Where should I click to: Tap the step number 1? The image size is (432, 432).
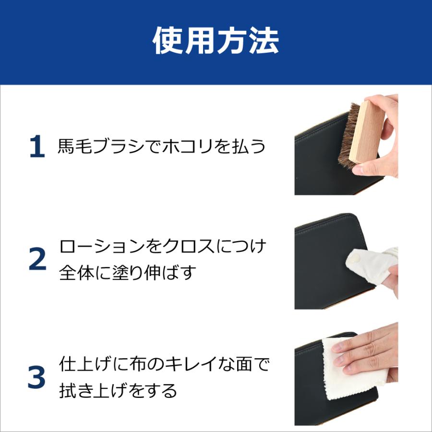[37, 147]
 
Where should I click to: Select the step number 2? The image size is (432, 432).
[37, 260]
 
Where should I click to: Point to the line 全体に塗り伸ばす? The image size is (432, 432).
[128, 273]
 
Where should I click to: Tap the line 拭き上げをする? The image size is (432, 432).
[118, 391]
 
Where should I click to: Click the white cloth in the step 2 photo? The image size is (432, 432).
[372, 266]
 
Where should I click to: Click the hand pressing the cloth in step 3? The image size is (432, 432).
[370, 350]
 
